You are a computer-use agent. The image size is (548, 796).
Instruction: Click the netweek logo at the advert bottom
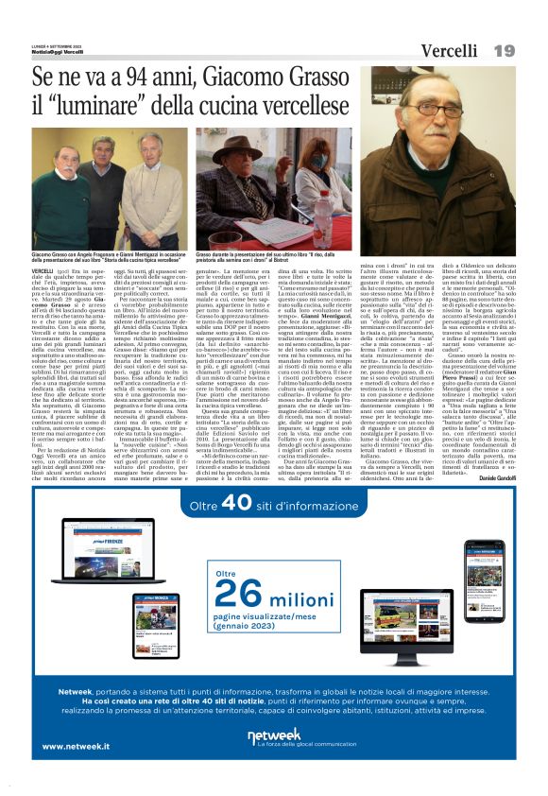pos(274,738)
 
